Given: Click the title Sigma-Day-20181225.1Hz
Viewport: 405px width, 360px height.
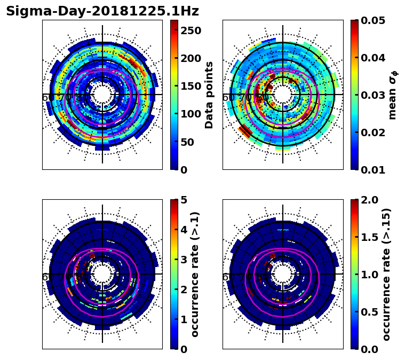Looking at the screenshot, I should (x=102, y=11).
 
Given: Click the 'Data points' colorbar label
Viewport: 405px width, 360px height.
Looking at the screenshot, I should (x=209, y=95).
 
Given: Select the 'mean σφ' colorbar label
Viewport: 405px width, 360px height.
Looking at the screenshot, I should (x=392, y=95).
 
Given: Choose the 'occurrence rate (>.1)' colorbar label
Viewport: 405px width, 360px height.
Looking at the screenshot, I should (x=195, y=274).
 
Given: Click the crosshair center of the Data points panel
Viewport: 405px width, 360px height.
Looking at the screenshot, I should (x=102, y=95).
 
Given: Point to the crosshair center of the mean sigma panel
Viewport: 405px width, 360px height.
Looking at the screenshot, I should (x=283, y=95).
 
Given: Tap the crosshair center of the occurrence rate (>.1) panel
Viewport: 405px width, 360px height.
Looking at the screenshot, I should (x=102, y=274).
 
